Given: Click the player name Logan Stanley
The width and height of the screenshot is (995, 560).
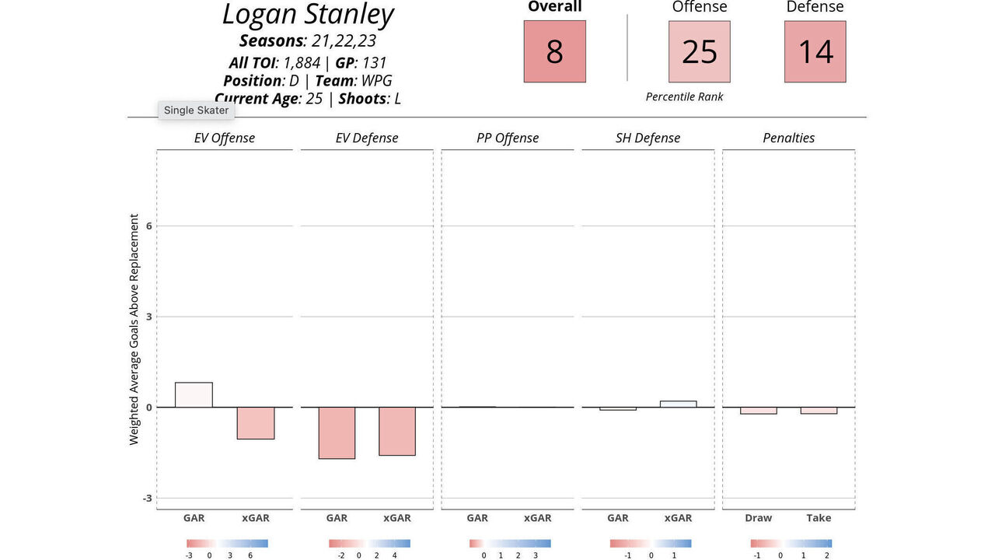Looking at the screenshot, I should pos(308,15).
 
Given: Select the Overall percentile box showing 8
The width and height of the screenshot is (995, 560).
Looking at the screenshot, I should pos(554,51).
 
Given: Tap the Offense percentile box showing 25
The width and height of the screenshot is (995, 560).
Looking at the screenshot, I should pos(699,51).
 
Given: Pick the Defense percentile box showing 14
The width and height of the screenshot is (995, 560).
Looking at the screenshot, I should pos(815,51).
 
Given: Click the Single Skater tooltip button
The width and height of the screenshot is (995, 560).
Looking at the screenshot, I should pos(197,110).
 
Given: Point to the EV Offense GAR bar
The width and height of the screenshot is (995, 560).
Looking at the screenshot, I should pos(194,395).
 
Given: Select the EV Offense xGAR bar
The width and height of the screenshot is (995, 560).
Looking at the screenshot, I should pos(255,423).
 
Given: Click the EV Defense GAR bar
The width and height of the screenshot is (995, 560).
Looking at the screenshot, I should pos(336,432).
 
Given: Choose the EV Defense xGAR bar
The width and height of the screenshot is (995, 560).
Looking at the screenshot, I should pos(396,431).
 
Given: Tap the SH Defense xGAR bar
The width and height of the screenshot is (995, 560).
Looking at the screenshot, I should pos(678,404).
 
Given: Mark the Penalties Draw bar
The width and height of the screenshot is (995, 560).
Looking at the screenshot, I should pos(758,411).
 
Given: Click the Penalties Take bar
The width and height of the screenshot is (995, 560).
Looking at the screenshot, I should pos(819,411).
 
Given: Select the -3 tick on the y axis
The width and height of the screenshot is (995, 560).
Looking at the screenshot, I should pos(148,498).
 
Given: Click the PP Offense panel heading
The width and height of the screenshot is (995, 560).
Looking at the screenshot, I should pos(508,138).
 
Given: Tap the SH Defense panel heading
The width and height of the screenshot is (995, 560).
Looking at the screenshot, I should pos(648,138).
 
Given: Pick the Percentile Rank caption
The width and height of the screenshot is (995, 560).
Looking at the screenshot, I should pos(684,97).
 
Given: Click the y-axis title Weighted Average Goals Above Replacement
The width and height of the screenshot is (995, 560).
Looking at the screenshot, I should pos(134,329).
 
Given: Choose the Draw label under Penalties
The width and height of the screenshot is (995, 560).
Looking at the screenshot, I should pos(758,518).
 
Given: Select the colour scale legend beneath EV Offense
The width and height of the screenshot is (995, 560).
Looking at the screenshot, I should pos(227,544).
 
